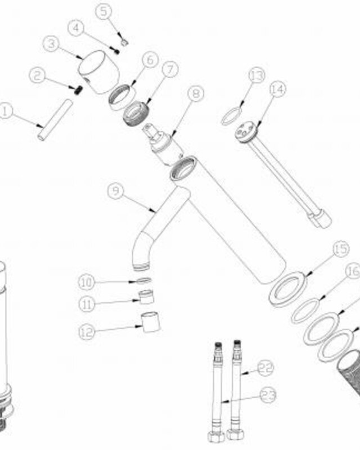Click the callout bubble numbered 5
point(103,11)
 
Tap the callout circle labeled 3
point(51,44)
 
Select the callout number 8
point(196,93)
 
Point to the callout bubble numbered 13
point(257,76)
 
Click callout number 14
point(278,89)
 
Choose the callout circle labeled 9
point(116,191)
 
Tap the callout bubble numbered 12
point(87,332)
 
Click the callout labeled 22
point(265,368)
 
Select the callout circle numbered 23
point(268,395)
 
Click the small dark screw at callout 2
point(76,90)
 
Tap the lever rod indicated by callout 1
point(55,120)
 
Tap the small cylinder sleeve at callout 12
point(150,322)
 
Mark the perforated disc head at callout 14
point(246,132)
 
